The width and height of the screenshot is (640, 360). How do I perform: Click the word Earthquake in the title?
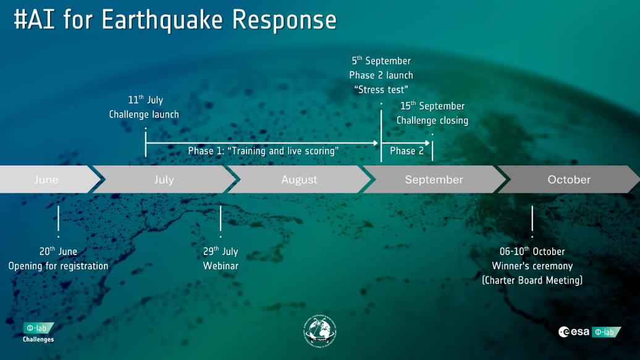(x=163, y=20)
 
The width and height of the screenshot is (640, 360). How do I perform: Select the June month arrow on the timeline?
(x=47, y=180)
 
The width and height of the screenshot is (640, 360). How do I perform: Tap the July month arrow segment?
(x=164, y=180)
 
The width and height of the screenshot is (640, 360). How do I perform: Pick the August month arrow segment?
(x=299, y=180)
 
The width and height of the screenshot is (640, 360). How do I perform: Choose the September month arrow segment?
(x=434, y=180)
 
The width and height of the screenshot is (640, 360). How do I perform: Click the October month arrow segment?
(x=569, y=180)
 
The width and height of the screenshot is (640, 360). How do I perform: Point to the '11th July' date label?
(x=145, y=100)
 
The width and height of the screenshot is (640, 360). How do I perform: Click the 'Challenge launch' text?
(x=144, y=114)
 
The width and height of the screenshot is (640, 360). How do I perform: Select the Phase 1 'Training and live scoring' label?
(x=263, y=151)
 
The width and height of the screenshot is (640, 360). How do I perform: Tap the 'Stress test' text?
(x=381, y=90)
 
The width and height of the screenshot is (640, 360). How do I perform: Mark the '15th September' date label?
(x=432, y=106)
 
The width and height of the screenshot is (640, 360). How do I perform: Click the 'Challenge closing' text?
(x=432, y=120)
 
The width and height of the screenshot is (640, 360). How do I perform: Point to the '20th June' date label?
(x=58, y=251)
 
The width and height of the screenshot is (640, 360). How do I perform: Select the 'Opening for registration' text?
(x=58, y=266)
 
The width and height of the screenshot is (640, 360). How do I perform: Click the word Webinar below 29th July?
(x=221, y=266)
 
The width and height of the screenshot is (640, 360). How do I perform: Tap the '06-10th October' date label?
(x=532, y=251)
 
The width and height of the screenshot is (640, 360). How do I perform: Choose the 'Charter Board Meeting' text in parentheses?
(x=532, y=280)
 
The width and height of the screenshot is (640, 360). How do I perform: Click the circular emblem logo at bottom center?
(x=319, y=334)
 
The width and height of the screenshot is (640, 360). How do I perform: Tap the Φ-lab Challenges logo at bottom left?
(x=38, y=332)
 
